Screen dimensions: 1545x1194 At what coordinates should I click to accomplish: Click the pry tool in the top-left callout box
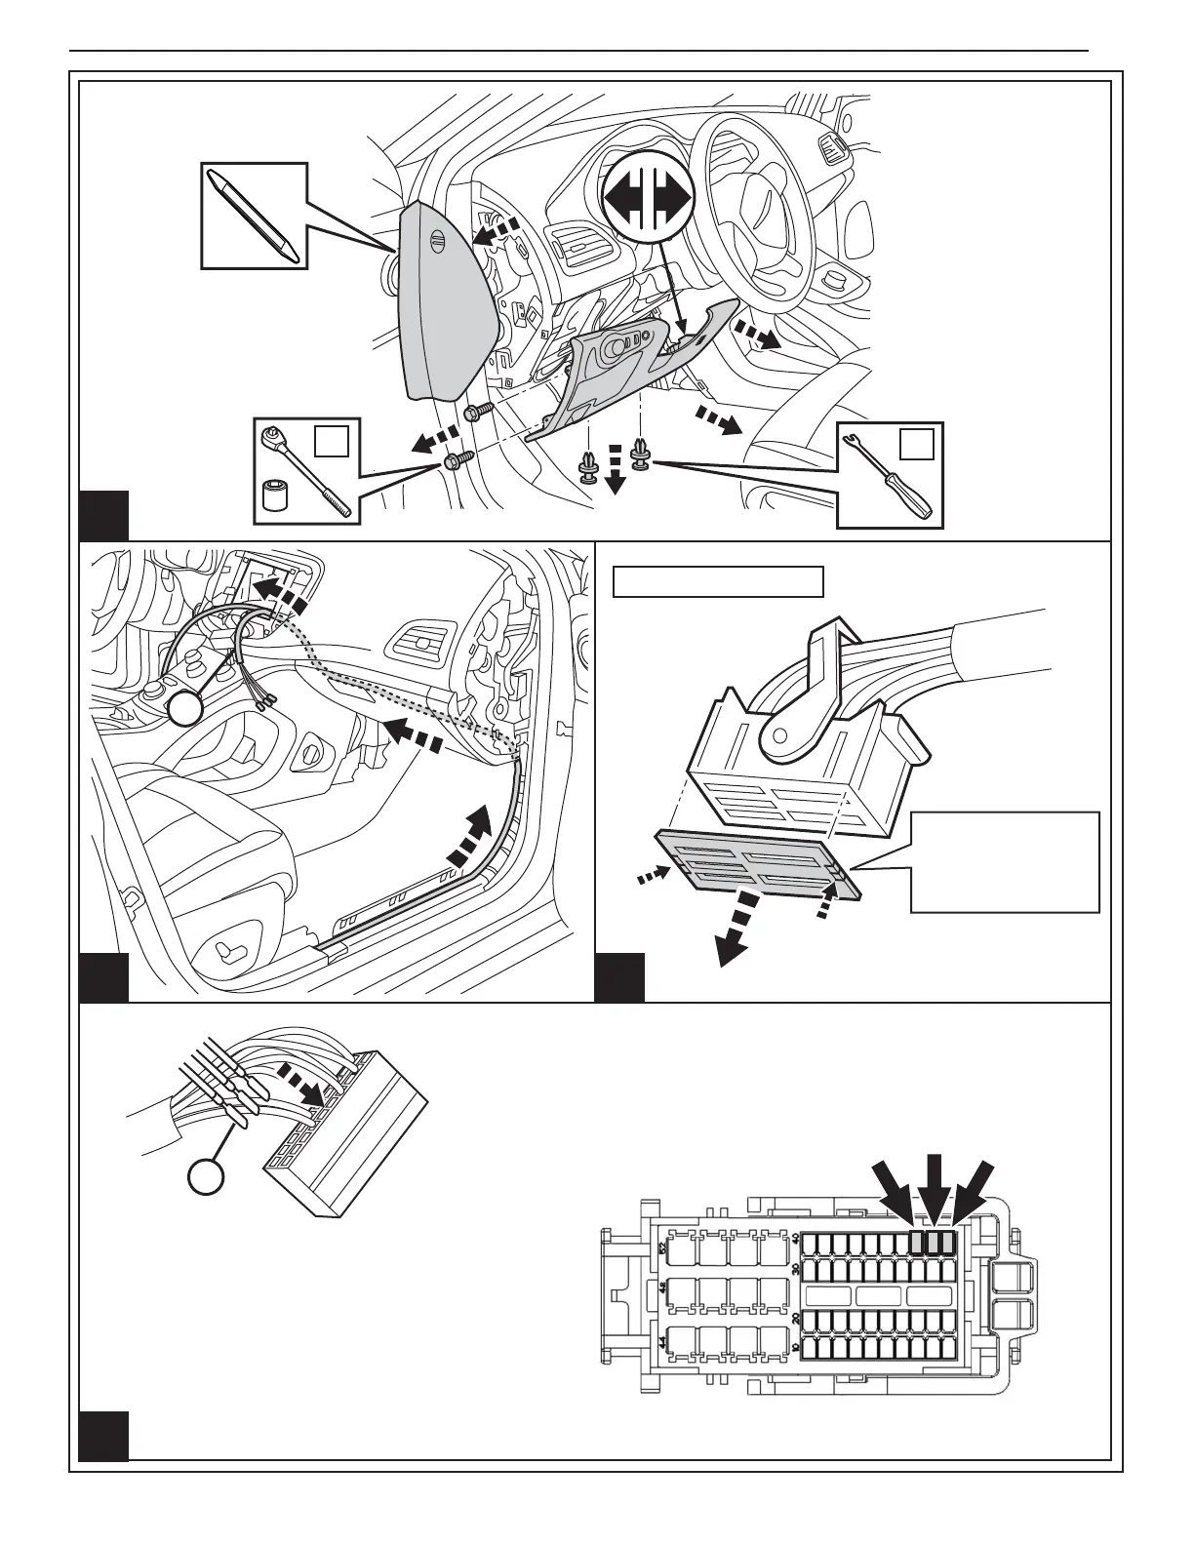(252, 216)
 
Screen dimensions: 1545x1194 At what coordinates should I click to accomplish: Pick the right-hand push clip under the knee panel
(641, 455)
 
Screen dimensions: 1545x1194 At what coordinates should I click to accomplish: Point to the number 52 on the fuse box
(662, 1248)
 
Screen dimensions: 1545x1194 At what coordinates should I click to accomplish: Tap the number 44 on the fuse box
(662, 1343)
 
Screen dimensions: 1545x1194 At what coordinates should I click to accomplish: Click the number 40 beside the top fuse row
(795, 1240)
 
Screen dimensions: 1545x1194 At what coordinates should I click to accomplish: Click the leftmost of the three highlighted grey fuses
(916, 1242)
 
